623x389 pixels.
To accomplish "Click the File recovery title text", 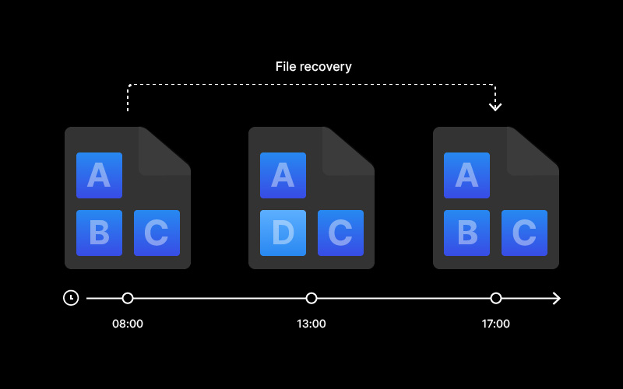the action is click(314, 67).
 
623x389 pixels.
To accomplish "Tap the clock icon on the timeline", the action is click(71, 298).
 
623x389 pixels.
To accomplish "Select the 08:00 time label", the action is click(128, 324).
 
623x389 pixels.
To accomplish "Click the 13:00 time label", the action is click(311, 324).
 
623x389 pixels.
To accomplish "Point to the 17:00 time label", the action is click(496, 324).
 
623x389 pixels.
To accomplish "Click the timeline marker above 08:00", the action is click(128, 298).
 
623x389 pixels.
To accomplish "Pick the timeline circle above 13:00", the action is click(311, 298).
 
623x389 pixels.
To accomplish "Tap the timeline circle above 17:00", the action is click(496, 298).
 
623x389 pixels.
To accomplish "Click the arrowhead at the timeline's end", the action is click(557, 298).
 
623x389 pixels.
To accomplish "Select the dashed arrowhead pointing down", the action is click(495, 107).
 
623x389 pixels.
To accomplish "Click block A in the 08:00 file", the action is click(100, 176).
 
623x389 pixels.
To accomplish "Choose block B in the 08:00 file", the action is click(100, 233).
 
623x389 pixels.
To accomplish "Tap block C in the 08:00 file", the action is click(157, 233).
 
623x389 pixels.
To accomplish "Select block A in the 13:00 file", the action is click(283, 176).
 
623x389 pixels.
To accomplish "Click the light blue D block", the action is click(283, 233).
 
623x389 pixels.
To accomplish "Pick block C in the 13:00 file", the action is click(340, 233).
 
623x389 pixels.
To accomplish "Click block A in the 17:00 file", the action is click(466, 176).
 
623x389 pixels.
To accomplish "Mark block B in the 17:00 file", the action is click(466, 233).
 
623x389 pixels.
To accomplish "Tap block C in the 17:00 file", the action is click(524, 233).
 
